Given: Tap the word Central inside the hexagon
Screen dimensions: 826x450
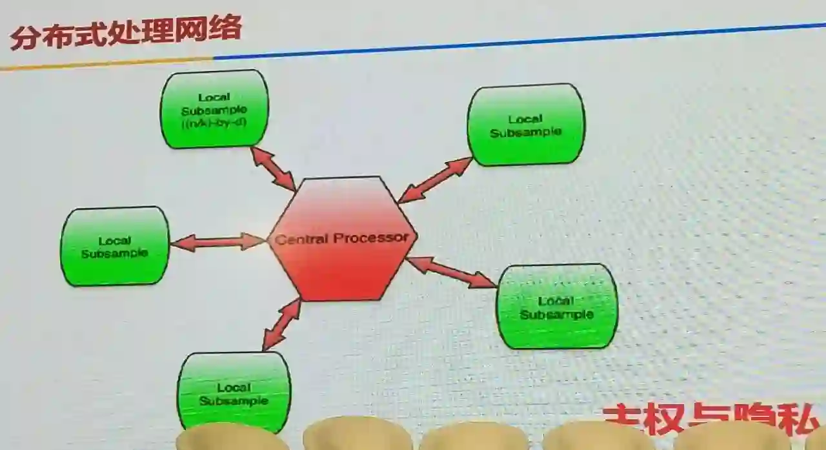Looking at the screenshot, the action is click(302, 240).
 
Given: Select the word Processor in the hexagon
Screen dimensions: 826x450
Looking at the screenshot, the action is click(371, 238).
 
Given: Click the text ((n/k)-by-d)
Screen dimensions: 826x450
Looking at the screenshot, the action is click(214, 123).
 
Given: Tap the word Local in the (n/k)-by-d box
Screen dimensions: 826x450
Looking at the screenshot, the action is click(214, 97).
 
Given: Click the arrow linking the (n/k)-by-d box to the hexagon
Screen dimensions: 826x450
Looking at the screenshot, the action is click(273, 169).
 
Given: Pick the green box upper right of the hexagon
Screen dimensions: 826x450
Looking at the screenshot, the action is click(526, 125).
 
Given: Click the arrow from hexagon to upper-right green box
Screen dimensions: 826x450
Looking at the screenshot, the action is click(436, 180).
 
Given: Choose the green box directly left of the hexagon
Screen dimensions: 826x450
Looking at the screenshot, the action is click(115, 247).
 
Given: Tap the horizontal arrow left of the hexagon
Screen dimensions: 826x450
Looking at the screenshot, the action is click(218, 242).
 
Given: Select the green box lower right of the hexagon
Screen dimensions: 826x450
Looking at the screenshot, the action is click(556, 307).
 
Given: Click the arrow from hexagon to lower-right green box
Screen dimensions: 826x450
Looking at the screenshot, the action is click(451, 272).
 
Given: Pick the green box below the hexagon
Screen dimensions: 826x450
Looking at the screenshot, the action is click(234, 393).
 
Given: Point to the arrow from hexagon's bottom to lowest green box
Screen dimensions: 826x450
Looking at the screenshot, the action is click(282, 324).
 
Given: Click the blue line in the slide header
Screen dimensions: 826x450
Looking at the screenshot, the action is click(516, 41).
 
